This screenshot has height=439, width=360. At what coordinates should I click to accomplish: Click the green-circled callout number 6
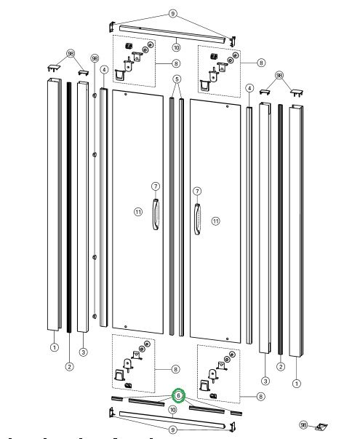(178, 395)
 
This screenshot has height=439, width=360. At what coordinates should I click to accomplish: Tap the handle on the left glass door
(156, 215)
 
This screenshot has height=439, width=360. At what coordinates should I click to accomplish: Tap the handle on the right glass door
(197, 219)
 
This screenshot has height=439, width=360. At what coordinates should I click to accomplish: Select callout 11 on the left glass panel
(138, 212)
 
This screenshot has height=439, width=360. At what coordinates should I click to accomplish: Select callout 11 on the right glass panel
(216, 221)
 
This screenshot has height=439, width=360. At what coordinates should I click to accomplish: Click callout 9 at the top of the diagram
(173, 13)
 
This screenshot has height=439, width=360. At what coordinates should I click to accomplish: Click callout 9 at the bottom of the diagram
(173, 430)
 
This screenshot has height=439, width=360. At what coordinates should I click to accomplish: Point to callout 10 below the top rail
(176, 47)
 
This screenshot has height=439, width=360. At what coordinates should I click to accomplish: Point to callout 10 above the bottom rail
(173, 410)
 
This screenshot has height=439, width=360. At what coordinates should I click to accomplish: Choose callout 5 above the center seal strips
(177, 79)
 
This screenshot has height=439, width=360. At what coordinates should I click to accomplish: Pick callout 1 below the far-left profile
(55, 347)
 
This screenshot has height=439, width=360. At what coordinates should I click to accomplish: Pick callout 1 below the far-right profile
(297, 383)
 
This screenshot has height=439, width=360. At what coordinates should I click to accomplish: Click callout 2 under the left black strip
(69, 366)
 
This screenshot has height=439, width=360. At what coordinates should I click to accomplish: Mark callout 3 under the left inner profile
(83, 352)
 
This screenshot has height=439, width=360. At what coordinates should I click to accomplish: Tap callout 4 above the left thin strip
(104, 70)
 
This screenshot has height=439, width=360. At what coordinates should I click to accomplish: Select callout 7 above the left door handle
(156, 186)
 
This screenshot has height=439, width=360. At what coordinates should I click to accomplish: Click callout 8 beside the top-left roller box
(176, 63)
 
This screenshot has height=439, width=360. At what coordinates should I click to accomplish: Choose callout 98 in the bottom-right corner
(303, 424)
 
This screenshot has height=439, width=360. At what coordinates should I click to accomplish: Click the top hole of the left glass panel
(126, 95)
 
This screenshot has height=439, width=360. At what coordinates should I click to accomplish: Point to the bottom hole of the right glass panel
(227, 339)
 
